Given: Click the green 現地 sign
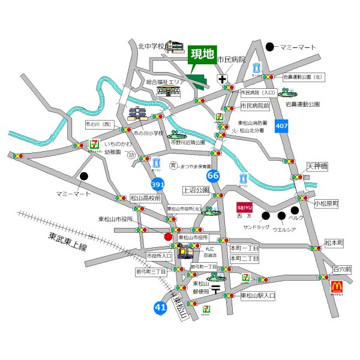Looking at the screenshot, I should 202,55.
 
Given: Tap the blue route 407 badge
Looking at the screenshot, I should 281,126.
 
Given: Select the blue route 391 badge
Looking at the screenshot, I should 158,185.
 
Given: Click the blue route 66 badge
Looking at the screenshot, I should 212,176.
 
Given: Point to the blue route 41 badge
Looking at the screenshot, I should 160,308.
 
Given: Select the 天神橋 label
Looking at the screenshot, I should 317,166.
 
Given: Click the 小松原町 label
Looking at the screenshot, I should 326,204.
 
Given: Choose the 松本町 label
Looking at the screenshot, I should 334,242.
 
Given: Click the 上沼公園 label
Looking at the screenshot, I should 196,190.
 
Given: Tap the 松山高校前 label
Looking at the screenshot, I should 145,197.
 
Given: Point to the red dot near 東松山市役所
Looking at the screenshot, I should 168,236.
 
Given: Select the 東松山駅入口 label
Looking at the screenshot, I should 257,295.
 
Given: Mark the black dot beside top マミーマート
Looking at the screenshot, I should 270,46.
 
